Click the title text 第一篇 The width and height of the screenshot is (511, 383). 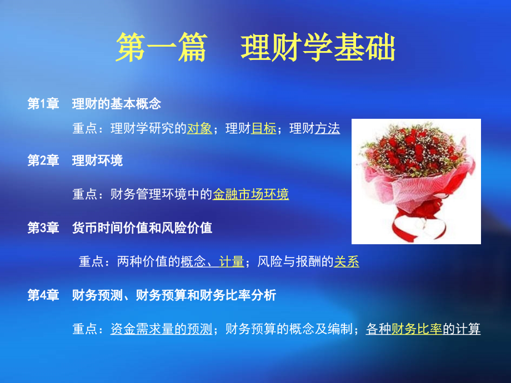pos(161,48)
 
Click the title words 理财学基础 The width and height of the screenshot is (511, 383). pos(318,48)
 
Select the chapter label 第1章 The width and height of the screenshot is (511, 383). pos(43,103)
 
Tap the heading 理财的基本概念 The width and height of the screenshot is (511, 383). pos(116,103)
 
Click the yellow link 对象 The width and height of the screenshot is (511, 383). pos(199,129)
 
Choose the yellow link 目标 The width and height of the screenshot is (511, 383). pos(264,129)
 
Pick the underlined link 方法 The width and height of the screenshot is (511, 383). pos(327,129)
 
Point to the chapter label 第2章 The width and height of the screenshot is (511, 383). pos(43,160)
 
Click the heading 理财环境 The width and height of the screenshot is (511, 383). pos(97,160)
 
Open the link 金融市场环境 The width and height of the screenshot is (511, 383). pos(251,194)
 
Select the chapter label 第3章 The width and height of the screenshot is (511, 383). pos(43,228)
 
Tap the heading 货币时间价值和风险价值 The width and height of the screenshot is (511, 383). pos(142,228)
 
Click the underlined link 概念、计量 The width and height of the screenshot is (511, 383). pos(212,261)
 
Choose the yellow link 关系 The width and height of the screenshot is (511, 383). pos(347,261)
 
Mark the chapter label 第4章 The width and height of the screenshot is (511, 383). pos(43,295)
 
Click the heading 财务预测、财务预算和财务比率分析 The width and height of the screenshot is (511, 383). pos(174,295)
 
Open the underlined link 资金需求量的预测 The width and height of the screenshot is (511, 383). pos(161,329)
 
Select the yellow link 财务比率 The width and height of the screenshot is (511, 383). pos(417,329)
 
